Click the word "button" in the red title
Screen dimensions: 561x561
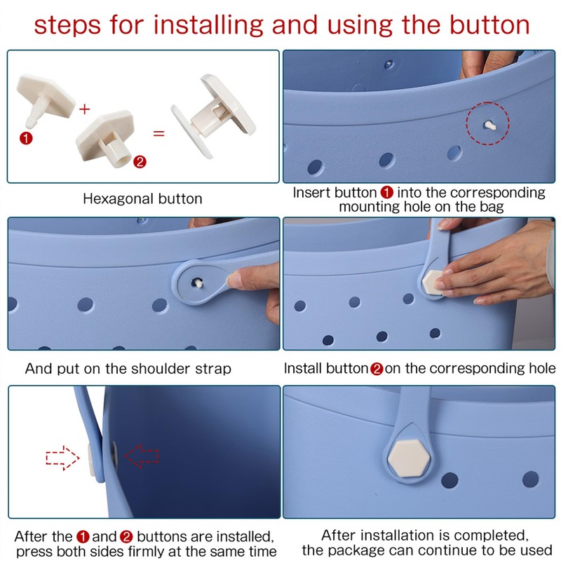tap(489, 25)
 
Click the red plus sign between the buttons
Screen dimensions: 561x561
tap(84, 109)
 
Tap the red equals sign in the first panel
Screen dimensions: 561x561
tap(159, 134)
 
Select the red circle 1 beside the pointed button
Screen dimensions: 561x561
tap(26, 138)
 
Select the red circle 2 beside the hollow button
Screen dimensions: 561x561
tap(140, 162)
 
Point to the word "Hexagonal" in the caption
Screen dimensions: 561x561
tap(119, 199)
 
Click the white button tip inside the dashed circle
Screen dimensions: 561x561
tap(489, 126)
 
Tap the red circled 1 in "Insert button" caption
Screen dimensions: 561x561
tap(387, 193)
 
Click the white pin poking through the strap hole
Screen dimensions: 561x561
tap(198, 283)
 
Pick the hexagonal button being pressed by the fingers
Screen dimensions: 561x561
tap(433, 283)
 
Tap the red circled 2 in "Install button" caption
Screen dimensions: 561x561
tap(377, 369)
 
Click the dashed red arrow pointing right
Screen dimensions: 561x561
tap(62, 458)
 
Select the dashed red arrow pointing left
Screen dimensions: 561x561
tap(142, 457)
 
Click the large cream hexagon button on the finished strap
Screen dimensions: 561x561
tap(409, 458)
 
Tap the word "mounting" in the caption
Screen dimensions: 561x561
tap(370, 207)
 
